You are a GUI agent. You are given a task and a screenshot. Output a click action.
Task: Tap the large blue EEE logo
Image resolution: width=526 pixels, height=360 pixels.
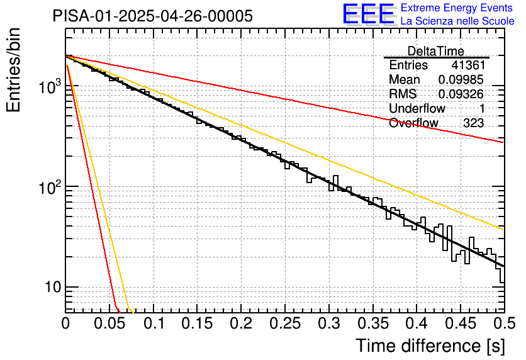point(368,14)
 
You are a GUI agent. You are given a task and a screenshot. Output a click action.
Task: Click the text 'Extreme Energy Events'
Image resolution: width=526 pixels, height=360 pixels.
point(457,8)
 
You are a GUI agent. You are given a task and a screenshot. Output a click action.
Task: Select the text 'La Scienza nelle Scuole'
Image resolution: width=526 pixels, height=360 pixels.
point(457,21)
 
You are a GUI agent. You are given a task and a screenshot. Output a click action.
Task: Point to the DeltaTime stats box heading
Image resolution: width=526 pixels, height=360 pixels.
point(435,51)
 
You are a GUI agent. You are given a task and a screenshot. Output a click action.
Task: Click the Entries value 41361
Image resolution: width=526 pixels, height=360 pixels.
point(467,65)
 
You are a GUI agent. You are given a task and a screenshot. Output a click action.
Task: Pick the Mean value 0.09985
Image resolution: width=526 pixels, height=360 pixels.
point(461,80)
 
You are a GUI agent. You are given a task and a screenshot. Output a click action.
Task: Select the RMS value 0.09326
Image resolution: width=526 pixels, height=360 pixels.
point(461,94)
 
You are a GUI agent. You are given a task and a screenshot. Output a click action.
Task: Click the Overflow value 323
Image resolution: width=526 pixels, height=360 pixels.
point(473,123)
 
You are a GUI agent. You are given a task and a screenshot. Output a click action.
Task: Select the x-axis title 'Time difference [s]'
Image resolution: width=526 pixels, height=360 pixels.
point(429,346)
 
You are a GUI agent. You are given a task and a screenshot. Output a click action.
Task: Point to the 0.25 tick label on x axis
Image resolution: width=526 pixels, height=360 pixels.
point(285,323)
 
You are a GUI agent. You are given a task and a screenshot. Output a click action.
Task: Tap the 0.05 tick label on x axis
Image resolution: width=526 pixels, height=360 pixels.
point(109,323)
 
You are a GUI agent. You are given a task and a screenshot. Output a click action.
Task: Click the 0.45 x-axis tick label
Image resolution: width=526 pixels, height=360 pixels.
point(461,323)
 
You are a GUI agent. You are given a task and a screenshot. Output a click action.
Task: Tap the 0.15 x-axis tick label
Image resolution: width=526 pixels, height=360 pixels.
point(197,323)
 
